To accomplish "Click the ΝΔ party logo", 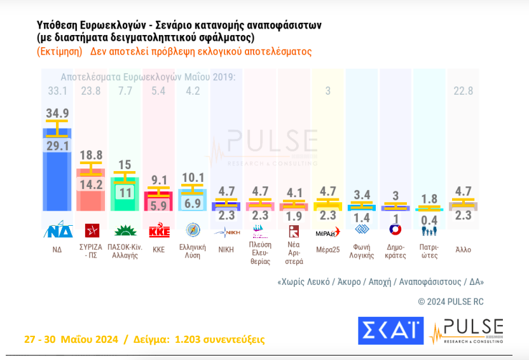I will click(57, 230).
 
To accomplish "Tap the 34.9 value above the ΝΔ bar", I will click(57, 113).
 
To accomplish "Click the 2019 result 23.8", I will click(91, 91).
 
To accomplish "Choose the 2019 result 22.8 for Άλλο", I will click(463, 91).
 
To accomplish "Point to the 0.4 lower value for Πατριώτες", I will click(429, 220).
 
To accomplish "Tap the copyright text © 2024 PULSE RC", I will click(450, 301).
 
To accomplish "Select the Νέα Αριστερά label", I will click(294, 253).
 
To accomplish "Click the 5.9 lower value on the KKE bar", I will click(158, 206).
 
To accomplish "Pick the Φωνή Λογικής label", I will click(362, 249).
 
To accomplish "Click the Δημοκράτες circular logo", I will click(395, 230).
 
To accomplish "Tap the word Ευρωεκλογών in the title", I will click(109, 25).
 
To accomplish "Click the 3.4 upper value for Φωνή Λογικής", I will click(362, 194).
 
